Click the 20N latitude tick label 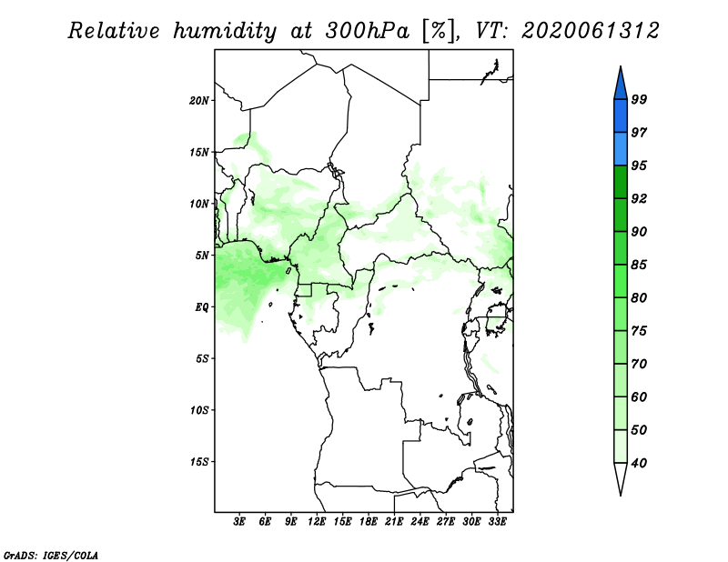tap(199, 100)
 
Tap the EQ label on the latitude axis tap(201, 307)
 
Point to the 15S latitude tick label tap(199, 462)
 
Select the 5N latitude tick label tap(202, 256)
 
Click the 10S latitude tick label tap(199, 410)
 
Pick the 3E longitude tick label tap(239, 522)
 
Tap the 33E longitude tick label tap(497, 522)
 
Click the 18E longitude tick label tap(368, 522)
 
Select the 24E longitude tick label tap(420, 522)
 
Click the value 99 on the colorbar tap(639, 99)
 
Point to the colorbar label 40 tap(639, 464)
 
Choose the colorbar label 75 tap(639, 331)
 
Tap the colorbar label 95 tap(639, 166)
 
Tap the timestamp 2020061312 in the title tap(591, 31)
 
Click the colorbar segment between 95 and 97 tap(621, 148)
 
